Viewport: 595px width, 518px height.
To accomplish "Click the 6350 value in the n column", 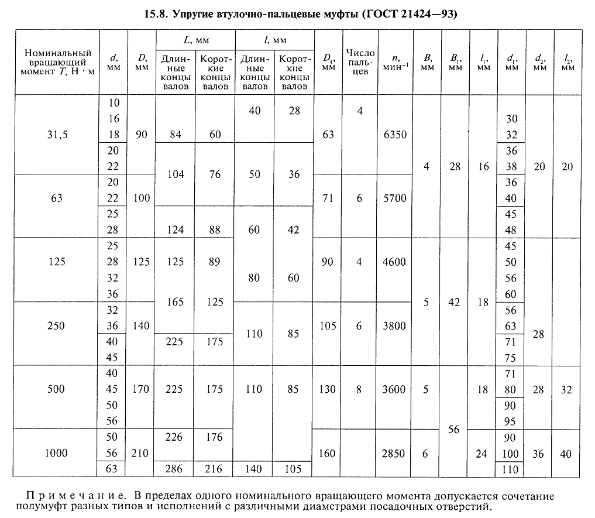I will pos(395,135).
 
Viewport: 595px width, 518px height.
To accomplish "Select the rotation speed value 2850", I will pos(395,453).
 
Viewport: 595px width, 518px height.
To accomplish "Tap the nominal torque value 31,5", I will pos(57,135).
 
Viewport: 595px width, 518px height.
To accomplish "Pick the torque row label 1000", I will pos(57,453).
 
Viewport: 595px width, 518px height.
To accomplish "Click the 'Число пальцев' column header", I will pos(360,63).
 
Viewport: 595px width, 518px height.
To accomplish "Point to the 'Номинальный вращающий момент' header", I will pos(57,62).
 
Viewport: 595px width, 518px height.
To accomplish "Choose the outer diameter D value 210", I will pos(141,453).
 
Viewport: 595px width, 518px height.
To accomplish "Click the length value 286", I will pos(174,469).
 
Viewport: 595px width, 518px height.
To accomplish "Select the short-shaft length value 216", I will pos(215,469).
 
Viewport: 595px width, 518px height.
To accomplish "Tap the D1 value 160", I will pos(328,453).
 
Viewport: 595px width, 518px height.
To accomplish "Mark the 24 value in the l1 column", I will pos(483,453).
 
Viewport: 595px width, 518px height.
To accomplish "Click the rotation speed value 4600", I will pos(395,262).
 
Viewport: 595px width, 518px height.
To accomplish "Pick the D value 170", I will pos(141,389).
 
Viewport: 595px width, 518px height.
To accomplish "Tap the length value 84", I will pos(174,135).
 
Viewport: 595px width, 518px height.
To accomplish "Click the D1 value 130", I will pos(328,389).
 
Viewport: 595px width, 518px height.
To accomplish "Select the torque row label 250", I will pos(57,325).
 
